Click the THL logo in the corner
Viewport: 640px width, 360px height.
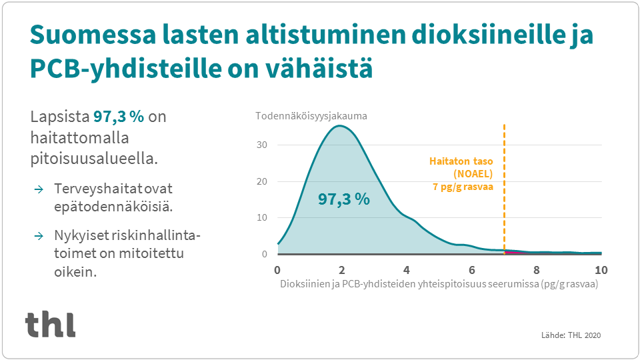click(50, 324)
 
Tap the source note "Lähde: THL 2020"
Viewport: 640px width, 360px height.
click(571, 335)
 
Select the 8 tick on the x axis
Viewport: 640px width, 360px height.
click(536, 270)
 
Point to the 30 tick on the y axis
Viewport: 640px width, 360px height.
click(261, 145)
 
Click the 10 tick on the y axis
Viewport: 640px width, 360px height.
click(261, 217)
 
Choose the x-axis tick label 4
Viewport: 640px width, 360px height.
click(407, 270)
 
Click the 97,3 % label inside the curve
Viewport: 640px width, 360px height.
click(344, 199)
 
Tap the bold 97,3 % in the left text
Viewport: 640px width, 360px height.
click(119, 117)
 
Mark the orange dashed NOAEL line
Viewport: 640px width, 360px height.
click(505, 189)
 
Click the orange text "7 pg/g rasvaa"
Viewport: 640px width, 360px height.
click(463, 187)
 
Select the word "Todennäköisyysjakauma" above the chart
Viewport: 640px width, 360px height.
click(311, 116)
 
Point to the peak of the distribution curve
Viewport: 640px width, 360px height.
click(339, 126)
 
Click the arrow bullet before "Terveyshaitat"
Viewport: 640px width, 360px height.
click(39, 189)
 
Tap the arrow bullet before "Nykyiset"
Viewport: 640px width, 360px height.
click(39, 236)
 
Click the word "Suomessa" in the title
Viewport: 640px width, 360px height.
click(93, 35)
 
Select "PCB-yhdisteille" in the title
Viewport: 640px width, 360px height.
click(125, 69)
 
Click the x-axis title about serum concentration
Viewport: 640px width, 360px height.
click(439, 284)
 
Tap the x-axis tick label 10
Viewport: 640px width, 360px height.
click(601, 270)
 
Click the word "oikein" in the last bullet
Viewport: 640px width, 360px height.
click(75, 271)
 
